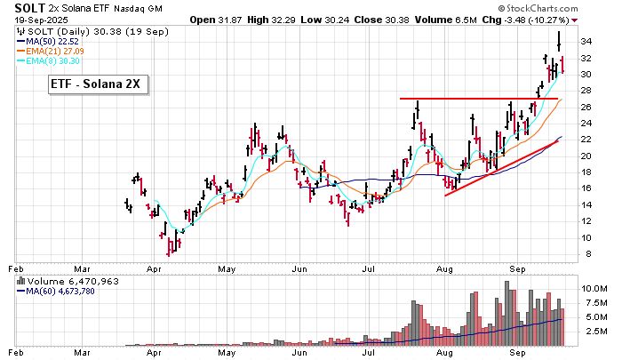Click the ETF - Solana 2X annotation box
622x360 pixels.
coord(100,84)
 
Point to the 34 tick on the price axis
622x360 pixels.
coord(586,42)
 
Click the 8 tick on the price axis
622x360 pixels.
coord(584,254)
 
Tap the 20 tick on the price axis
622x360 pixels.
coord(586,156)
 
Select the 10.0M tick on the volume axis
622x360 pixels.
coord(594,289)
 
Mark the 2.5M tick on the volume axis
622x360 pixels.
coord(594,331)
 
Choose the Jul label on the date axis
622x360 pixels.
coord(368,266)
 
